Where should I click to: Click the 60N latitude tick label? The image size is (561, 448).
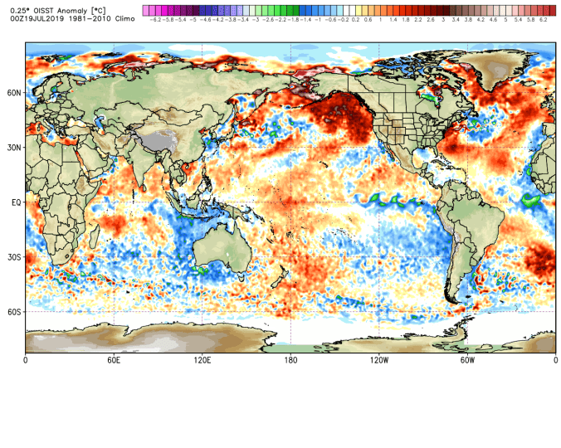(x=14, y=93)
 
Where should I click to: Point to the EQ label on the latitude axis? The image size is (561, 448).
(x=16, y=202)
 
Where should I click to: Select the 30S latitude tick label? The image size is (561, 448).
(x=14, y=257)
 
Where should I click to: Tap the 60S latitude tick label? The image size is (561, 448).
(x=14, y=312)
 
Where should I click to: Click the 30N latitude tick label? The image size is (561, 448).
(x=14, y=148)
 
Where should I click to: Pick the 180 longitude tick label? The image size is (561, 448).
(x=291, y=360)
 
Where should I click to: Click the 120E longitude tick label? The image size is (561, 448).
(x=202, y=360)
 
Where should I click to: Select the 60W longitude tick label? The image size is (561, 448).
(x=467, y=360)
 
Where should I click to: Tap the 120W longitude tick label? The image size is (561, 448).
(x=379, y=360)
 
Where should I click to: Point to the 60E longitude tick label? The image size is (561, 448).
(x=114, y=360)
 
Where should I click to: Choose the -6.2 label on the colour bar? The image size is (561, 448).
(x=154, y=18)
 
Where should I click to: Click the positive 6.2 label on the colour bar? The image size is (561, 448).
(x=543, y=18)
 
